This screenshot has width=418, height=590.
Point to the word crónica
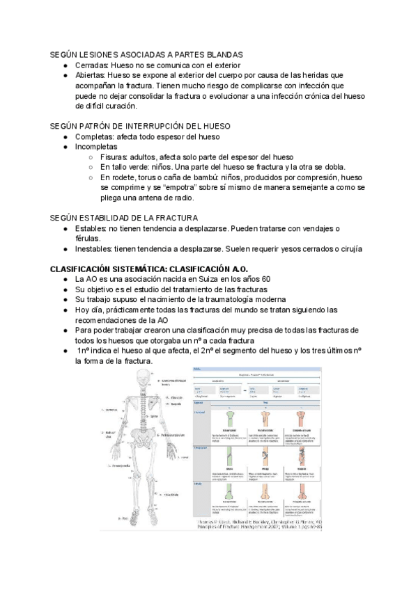pos(304,95)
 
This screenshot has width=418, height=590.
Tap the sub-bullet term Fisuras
pos(114,157)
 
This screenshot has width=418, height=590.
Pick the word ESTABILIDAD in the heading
pos(111,218)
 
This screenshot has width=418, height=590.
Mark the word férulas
pos(88,239)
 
